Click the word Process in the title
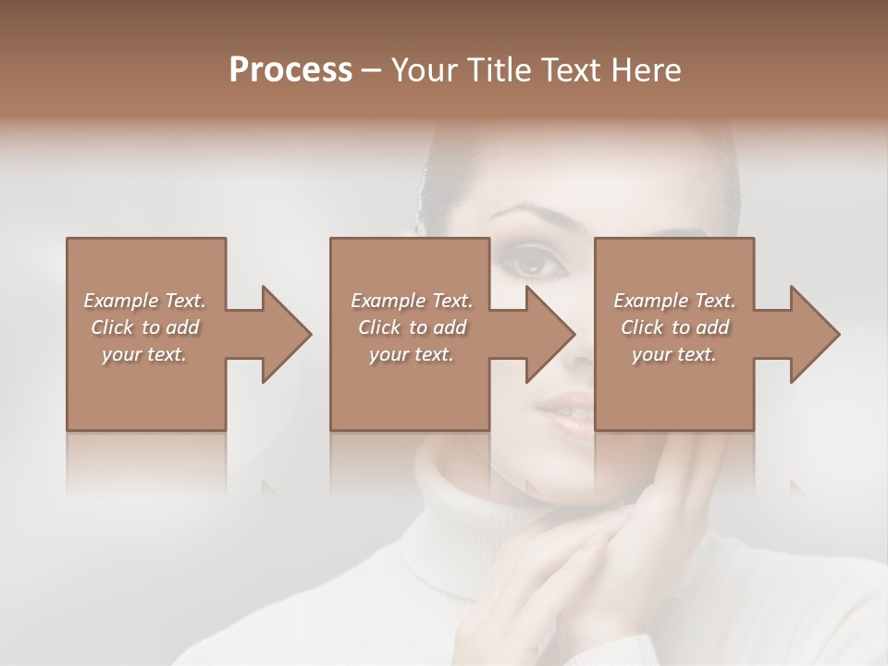click(290, 70)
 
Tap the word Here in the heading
click(647, 70)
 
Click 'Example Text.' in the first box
click(144, 301)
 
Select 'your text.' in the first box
click(144, 354)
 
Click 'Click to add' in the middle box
click(412, 327)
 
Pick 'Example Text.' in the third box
click(674, 301)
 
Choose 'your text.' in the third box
click(674, 354)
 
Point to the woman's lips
click(566, 407)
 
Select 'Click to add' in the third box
click(674, 327)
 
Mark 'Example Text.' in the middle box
click(412, 301)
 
